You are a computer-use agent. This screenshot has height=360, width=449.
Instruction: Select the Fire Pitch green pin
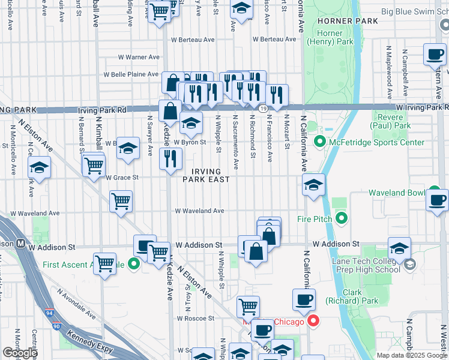[x=342, y=219]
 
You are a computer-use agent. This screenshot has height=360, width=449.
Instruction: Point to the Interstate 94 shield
[x=47, y=314]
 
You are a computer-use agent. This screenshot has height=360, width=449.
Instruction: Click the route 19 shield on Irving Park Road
[x=264, y=108]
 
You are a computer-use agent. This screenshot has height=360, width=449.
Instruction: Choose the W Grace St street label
[x=122, y=178]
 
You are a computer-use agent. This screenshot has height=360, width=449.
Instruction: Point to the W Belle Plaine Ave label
[x=131, y=75]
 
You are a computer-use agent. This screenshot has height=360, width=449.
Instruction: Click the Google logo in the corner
[x=20, y=353]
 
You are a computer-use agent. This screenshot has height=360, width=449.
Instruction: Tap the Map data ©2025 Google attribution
[x=412, y=355]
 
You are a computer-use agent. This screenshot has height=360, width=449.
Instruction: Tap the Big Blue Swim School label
[x=414, y=11]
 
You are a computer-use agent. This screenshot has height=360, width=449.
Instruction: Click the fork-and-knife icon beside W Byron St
[x=170, y=158]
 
